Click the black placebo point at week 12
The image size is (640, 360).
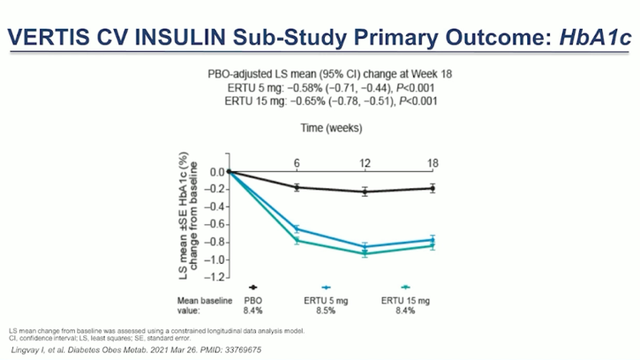(365, 191)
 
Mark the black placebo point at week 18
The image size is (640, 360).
(433, 188)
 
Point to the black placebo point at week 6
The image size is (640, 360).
(297, 187)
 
